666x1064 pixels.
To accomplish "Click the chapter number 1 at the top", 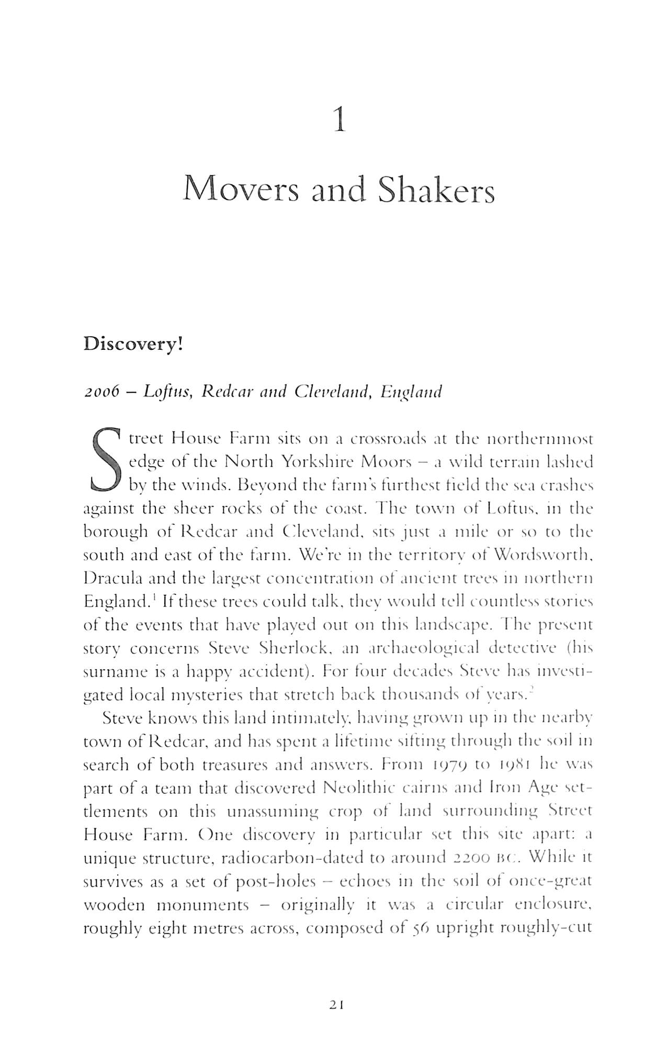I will click(x=340, y=121).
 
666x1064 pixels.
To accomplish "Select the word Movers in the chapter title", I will click(x=241, y=190).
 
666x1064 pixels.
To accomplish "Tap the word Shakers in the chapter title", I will click(x=436, y=190).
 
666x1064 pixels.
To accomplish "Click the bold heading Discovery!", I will click(x=133, y=346).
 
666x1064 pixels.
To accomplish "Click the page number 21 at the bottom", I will click(x=336, y=1004).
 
